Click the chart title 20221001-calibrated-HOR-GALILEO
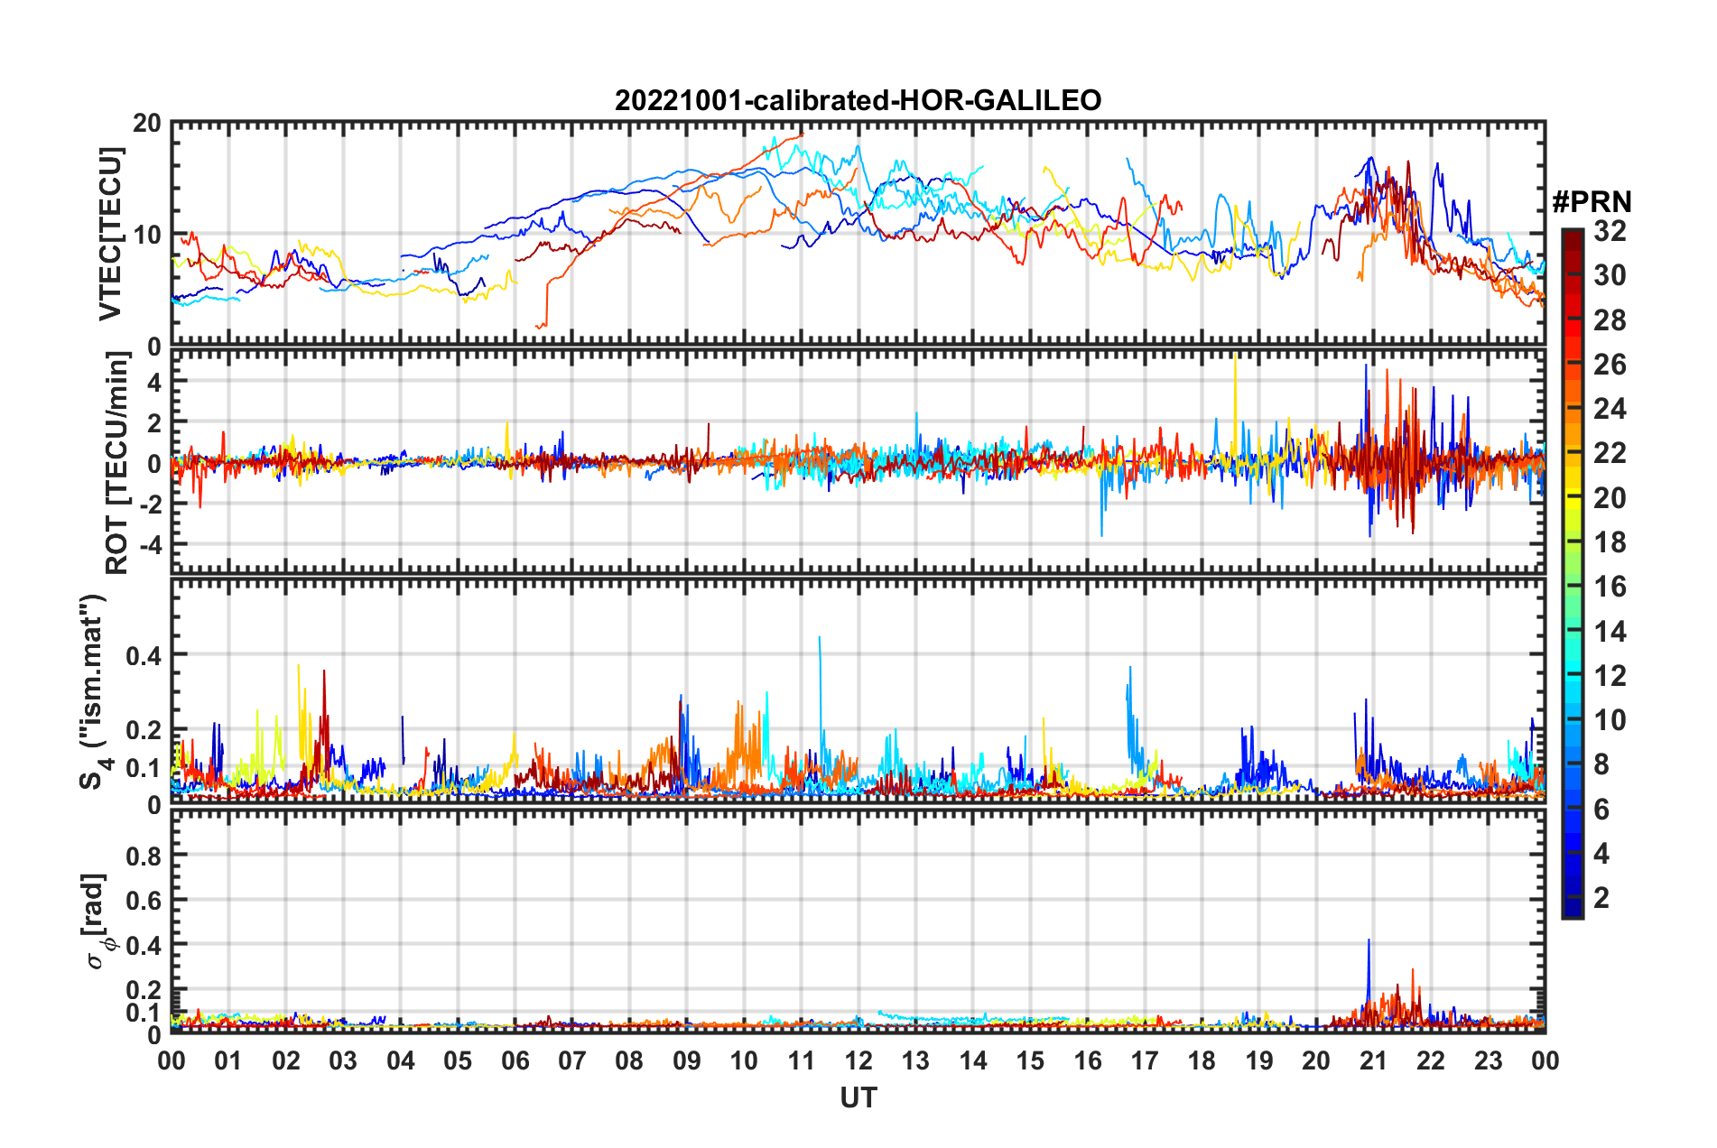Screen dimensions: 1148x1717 tap(858, 100)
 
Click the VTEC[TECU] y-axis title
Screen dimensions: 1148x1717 tap(110, 234)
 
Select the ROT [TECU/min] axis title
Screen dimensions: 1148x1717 tap(117, 463)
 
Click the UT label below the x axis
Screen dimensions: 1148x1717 tap(858, 1098)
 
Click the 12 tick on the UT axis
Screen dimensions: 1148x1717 tap(858, 1060)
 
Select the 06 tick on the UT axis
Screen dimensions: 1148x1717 tap(515, 1060)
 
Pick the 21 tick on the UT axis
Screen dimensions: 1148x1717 tap(1373, 1060)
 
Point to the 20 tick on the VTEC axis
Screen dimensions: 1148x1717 tap(147, 123)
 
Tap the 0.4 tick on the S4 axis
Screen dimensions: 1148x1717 tap(144, 655)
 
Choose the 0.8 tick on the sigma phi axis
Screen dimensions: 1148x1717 tap(144, 856)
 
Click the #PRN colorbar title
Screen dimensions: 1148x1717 tap(1592, 202)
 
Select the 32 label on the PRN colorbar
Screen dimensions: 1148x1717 tap(1610, 231)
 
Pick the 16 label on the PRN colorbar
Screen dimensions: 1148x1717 tap(1610, 587)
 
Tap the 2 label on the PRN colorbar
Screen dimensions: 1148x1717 tap(1601, 898)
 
